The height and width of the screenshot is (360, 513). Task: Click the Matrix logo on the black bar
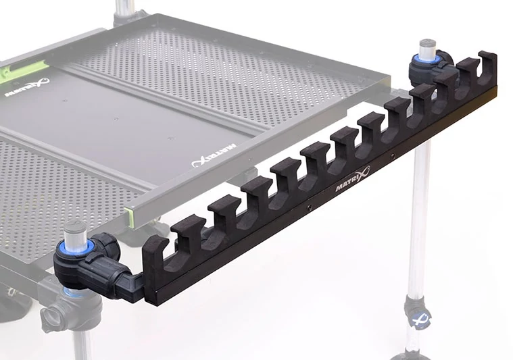point(352,179)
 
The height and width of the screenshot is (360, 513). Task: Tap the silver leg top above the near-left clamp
point(76,232)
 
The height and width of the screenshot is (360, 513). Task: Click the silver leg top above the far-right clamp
point(426,49)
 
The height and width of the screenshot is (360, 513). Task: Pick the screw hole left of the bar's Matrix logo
point(308,207)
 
